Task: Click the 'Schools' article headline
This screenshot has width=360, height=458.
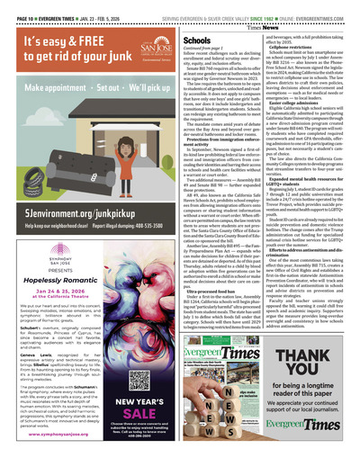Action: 196,41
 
